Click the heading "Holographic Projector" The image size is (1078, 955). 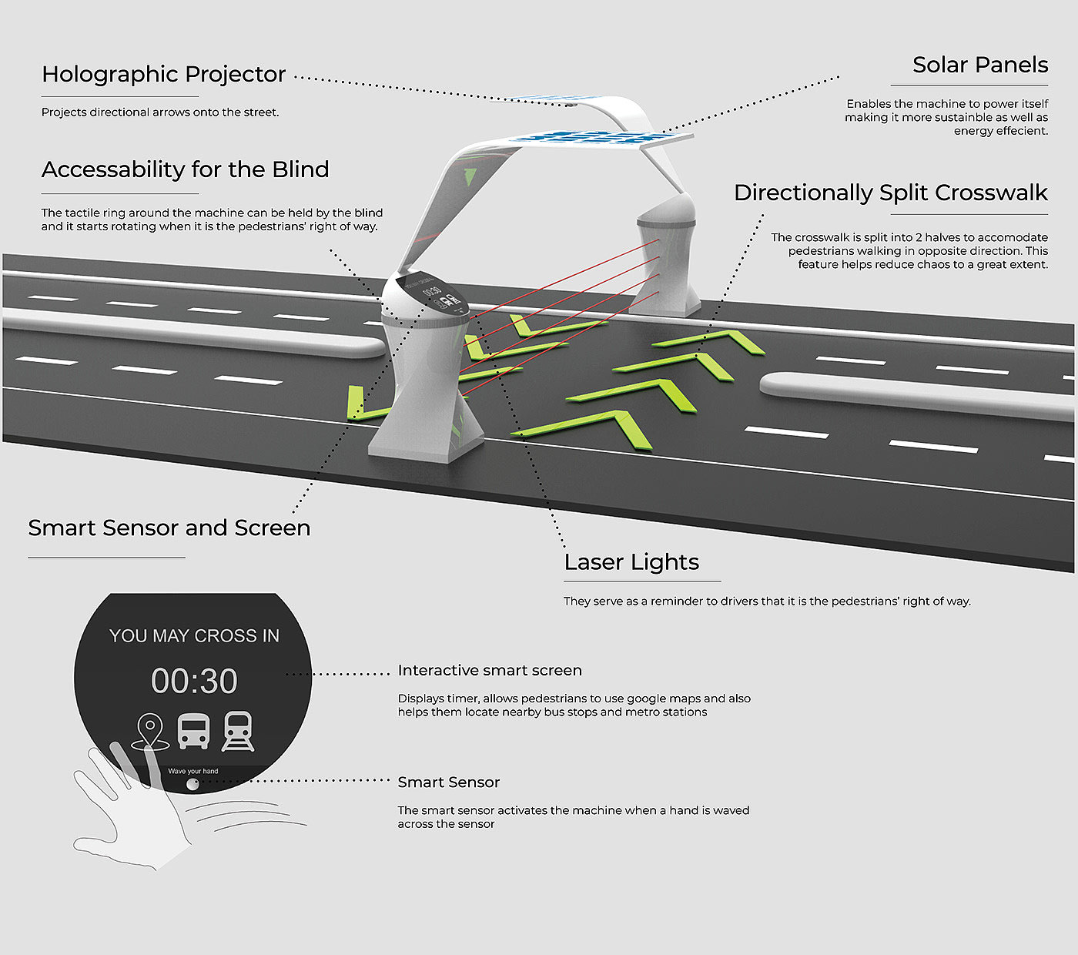coord(163,74)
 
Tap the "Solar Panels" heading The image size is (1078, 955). coord(979,65)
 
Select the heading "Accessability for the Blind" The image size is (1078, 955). coord(185,169)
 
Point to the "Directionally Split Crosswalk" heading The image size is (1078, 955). coord(890,193)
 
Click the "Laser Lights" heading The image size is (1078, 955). coord(631,562)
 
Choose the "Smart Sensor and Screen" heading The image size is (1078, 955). coord(169,528)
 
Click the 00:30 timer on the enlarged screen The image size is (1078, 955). coord(194,681)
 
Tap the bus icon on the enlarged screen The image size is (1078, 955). coord(193,731)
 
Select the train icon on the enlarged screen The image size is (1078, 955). coord(238,731)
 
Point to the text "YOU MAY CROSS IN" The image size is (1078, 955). coord(194,636)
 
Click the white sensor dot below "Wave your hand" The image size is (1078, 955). coord(192,784)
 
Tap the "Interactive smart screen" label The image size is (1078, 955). coord(490,671)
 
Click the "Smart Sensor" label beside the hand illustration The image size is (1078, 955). coord(449,782)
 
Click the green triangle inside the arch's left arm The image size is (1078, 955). coord(470,176)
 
